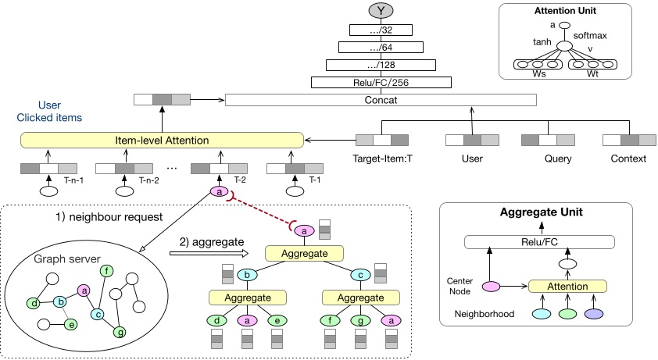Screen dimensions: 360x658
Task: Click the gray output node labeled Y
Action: click(x=381, y=12)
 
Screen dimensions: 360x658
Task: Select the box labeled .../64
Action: click(x=381, y=48)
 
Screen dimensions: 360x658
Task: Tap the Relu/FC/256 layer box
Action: click(x=381, y=82)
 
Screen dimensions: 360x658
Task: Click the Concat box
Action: click(x=381, y=99)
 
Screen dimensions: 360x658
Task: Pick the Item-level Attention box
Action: click(x=162, y=140)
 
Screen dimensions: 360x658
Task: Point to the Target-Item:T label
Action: click(x=382, y=159)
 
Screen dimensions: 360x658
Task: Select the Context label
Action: click(x=629, y=159)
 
